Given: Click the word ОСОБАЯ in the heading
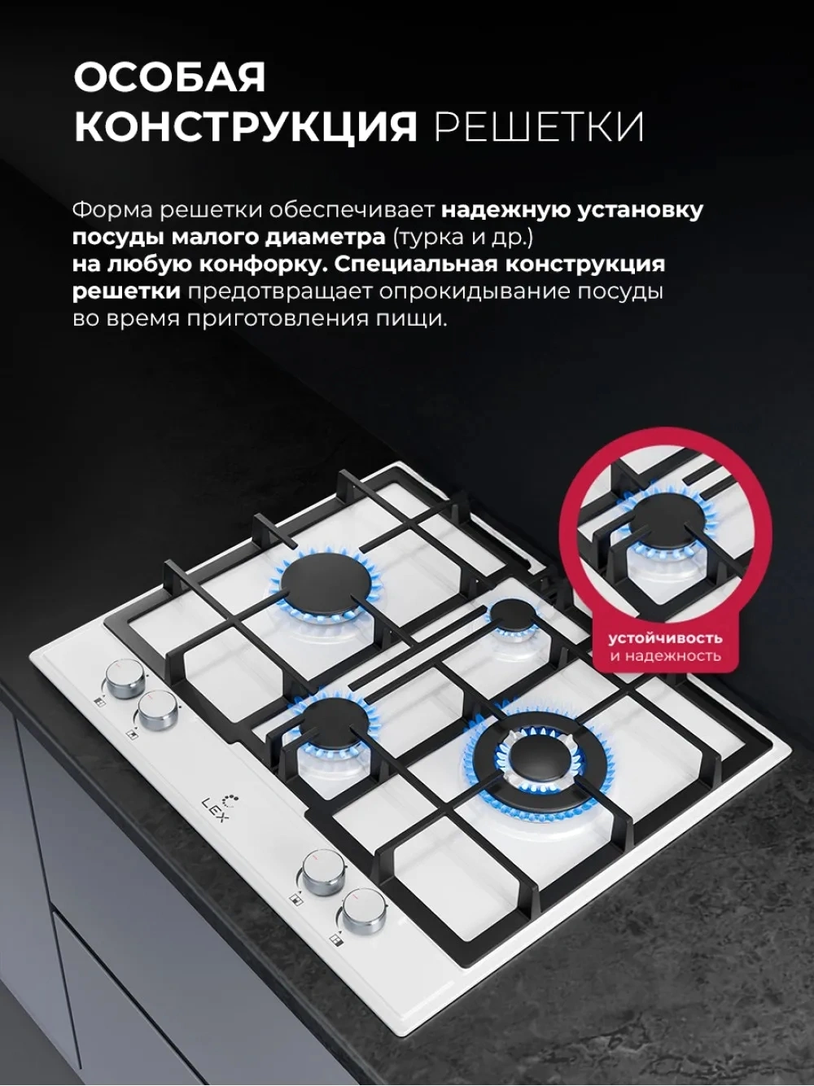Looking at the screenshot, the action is tap(169, 77).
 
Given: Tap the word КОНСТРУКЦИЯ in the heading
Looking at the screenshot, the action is tap(246, 127).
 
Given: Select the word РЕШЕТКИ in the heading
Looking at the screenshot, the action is tap(539, 127).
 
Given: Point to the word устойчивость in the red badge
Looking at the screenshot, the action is tap(665, 638).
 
